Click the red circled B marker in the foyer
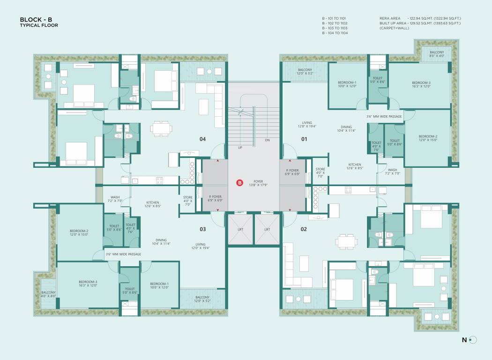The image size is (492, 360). click(240, 183)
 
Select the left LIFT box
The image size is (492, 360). click(240, 229)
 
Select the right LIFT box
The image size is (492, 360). click(267, 229)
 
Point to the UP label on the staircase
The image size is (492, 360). click(240, 147)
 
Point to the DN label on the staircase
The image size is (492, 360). click(267, 140)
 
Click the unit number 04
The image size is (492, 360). click(202, 139)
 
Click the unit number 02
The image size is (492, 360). click(304, 229)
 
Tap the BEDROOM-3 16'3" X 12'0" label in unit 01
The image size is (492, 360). click(421, 84)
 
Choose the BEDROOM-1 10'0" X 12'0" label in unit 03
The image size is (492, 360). click(159, 286)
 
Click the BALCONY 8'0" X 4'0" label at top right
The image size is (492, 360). click(437, 54)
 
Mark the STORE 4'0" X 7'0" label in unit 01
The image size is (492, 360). click(320, 172)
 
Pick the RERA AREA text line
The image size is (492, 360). click(423, 18)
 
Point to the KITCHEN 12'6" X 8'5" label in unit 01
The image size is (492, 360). click(355, 166)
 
